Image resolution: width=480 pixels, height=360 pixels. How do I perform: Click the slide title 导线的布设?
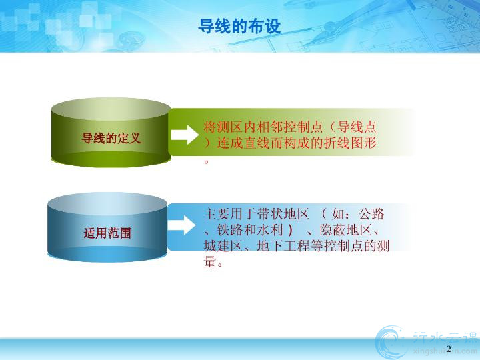239,26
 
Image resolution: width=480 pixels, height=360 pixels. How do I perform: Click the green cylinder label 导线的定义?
111,139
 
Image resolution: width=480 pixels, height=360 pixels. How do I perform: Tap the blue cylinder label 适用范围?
107,233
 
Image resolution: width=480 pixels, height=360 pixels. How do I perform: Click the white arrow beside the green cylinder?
185,135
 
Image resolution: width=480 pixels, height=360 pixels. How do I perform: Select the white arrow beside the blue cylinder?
181,225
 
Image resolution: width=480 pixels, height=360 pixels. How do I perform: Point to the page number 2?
449,349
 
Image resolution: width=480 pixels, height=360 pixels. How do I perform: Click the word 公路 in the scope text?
371,214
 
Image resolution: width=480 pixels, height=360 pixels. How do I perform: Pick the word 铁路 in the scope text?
229,230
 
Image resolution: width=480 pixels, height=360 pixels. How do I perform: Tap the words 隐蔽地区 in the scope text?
345,230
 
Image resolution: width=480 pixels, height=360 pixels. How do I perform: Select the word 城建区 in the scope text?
223,246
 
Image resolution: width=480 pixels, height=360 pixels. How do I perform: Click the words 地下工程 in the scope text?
283,246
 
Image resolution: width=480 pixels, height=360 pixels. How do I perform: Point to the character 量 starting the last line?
210,262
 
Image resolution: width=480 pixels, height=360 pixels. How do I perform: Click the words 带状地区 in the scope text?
283,214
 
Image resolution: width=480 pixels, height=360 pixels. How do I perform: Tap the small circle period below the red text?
206,161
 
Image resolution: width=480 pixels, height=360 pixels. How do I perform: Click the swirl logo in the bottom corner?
390,342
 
